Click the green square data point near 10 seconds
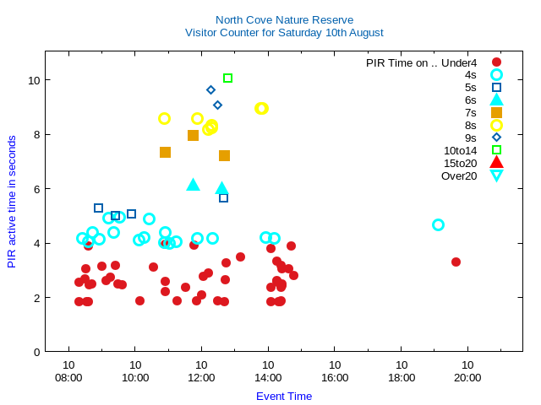coord(227,78)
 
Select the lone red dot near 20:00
coord(456,262)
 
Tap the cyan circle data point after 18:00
coord(438,224)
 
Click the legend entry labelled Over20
coord(459,175)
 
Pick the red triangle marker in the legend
coord(496,163)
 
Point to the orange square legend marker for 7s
coord(496,112)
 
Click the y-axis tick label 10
coord(34,80)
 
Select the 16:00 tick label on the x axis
coord(335,377)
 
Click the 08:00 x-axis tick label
coord(68,377)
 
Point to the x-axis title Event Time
coord(284,396)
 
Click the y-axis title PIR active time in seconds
coord(12,202)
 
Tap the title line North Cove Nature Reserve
coord(284,19)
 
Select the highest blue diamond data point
coord(210,89)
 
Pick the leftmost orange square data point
coord(165,152)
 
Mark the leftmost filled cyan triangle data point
coord(193,184)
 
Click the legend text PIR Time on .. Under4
coord(421,62)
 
